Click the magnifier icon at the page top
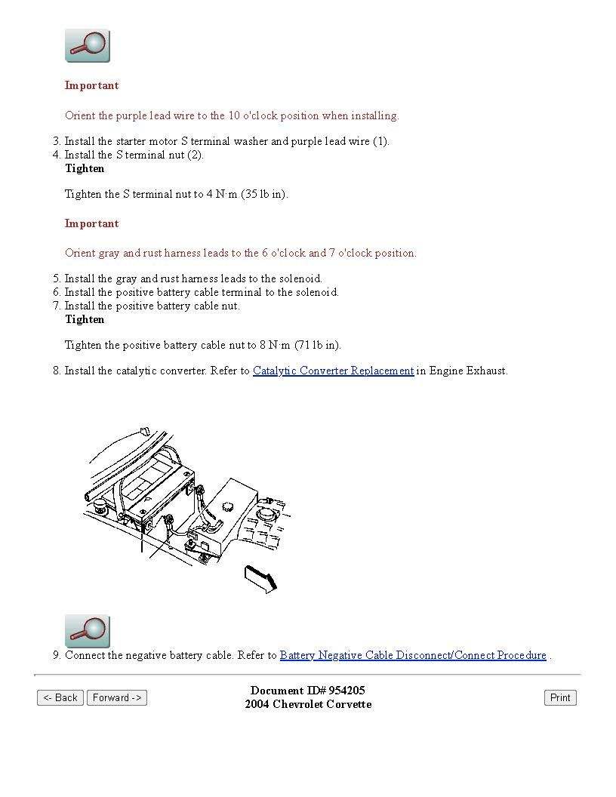click(x=88, y=46)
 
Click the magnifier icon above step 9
click(x=88, y=632)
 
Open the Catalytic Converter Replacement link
click(x=333, y=371)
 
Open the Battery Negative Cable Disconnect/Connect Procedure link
click(x=413, y=655)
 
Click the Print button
click(x=560, y=697)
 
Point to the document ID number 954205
click(x=346, y=691)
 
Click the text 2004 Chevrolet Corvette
click(x=308, y=704)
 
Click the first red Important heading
click(x=91, y=85)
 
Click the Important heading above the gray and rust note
click(x=91, y=223)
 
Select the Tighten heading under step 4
click(x=85, y=168)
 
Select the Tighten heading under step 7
click(x=85, y=319)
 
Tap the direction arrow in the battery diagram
click(x=261, y=580)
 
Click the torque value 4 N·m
click(x=222, y=194)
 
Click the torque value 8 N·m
click(x=276, y=345)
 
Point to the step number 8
click(x=56, y=371)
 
